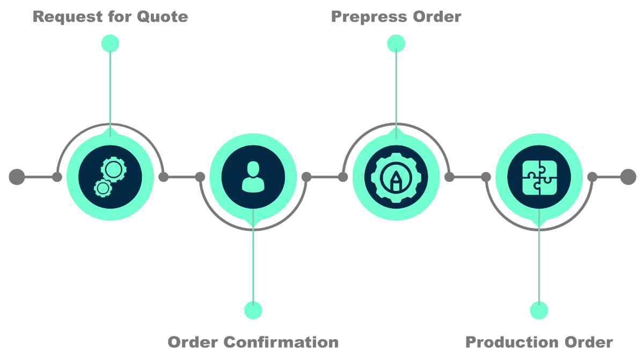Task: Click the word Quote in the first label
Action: (x=162, y=17)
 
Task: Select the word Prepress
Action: (x=368, y=17)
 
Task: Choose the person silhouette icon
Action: (x=253, y=177)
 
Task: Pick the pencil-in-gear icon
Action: (x=396, y=177)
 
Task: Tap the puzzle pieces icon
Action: (x=539, y=177)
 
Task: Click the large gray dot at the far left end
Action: (x=17, y=177)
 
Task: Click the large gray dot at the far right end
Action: (x=628, y=177)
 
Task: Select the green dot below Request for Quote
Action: (x=110, y=43)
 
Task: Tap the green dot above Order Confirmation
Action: (x=253, y=310)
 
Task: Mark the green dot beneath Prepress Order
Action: (x=396, y=43)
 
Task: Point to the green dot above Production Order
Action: (x=539, y=310)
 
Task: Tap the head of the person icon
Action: (x=253, y=168)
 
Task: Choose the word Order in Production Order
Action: (x=589, y=342)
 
